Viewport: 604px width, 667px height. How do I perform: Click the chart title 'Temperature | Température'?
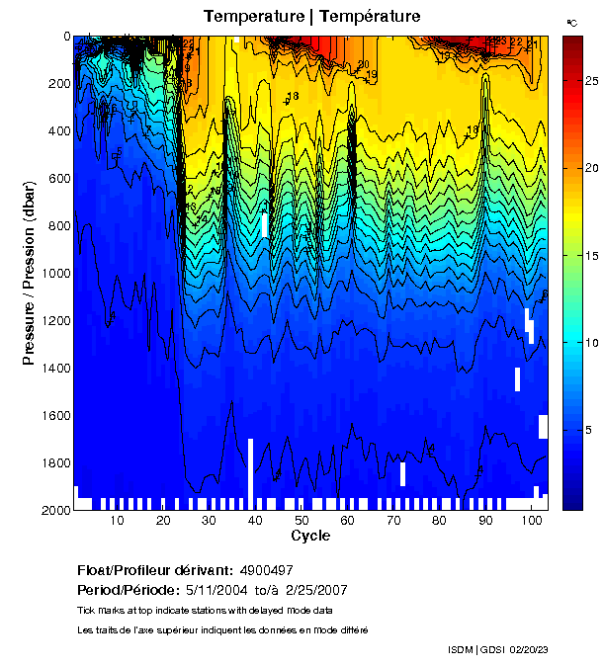coord(311,17)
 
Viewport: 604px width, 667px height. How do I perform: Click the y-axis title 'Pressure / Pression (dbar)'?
coord(29,273)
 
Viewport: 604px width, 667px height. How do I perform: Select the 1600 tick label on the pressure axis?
coord(52,416)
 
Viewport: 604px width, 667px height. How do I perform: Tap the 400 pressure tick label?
coord(56,131)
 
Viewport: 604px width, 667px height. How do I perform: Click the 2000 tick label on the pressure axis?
coord(52,510)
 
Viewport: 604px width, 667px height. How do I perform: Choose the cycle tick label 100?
coord(531,521)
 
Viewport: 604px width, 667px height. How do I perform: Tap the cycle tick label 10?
coord(117,521)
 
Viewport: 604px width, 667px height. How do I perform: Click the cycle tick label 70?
coord(392,521)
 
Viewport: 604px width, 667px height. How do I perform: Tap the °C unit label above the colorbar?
coord(571,22)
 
